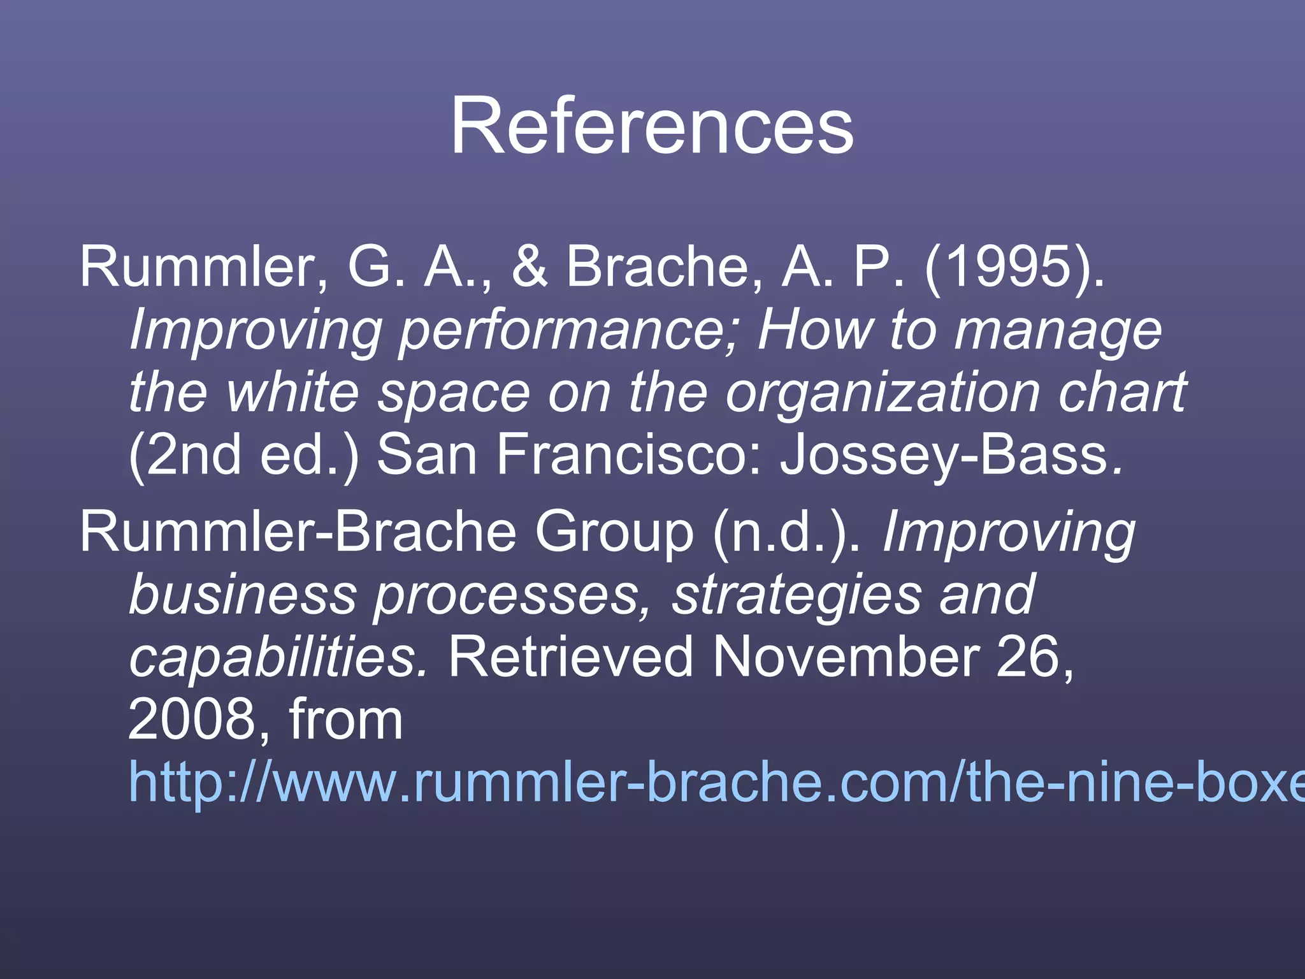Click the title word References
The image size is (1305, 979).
click(651, 126)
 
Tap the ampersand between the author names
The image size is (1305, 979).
click(529, 266)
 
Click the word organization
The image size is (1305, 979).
click(883, 393)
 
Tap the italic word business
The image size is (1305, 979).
click(242, 595)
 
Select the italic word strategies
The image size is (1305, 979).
click(797, 595)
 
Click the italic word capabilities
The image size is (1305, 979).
click(278, 657)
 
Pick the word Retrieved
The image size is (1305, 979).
click(571, 657)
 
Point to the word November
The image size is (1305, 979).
click(845, 657)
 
